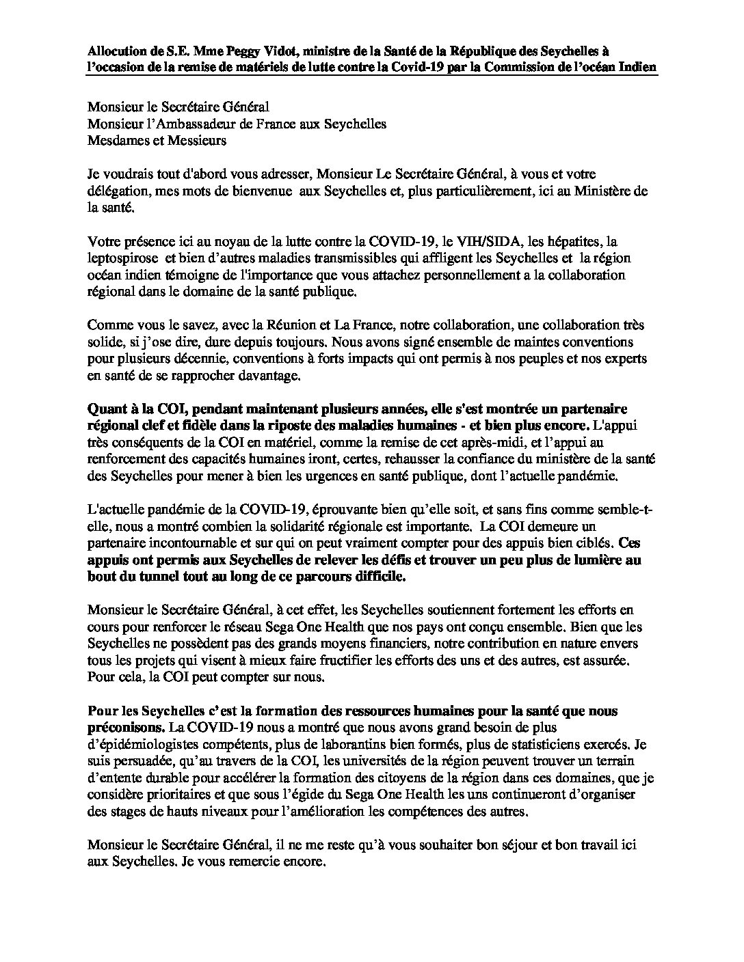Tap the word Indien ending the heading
click(636, 67)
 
